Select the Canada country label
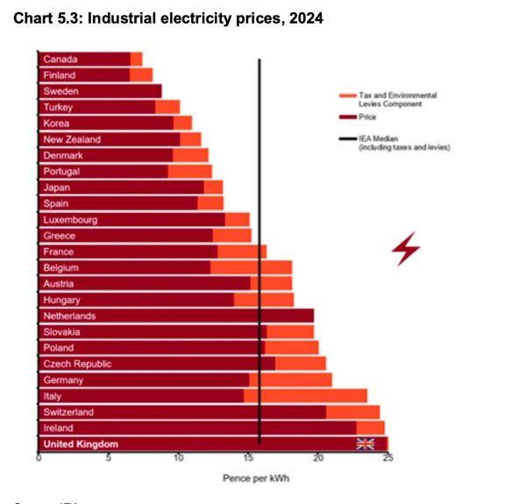coord(60,59)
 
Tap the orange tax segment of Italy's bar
coord(305,395)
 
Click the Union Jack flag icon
coord(365,444)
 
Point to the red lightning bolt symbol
coord(405,249)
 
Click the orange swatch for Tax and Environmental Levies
coord(345,96)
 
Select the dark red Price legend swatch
coord(345,115)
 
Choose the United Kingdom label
coord(81,444)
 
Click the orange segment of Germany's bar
coord(290,380)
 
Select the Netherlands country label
coord(69,316)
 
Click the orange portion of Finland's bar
coord(141,75)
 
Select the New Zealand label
coord(72,139)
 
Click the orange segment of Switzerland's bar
coord(352,411)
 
